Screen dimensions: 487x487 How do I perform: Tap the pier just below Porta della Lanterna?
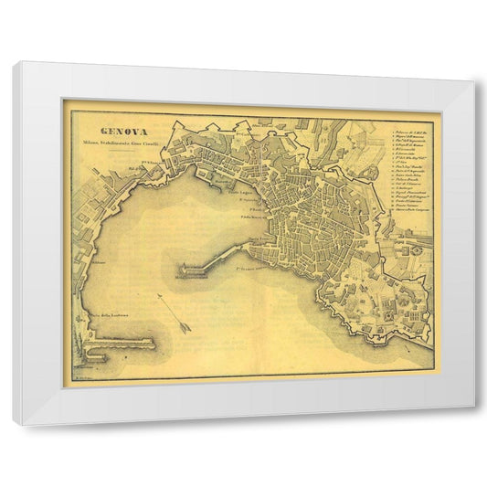(123, 345)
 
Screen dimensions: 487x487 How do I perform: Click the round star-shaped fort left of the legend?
(372, 171)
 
